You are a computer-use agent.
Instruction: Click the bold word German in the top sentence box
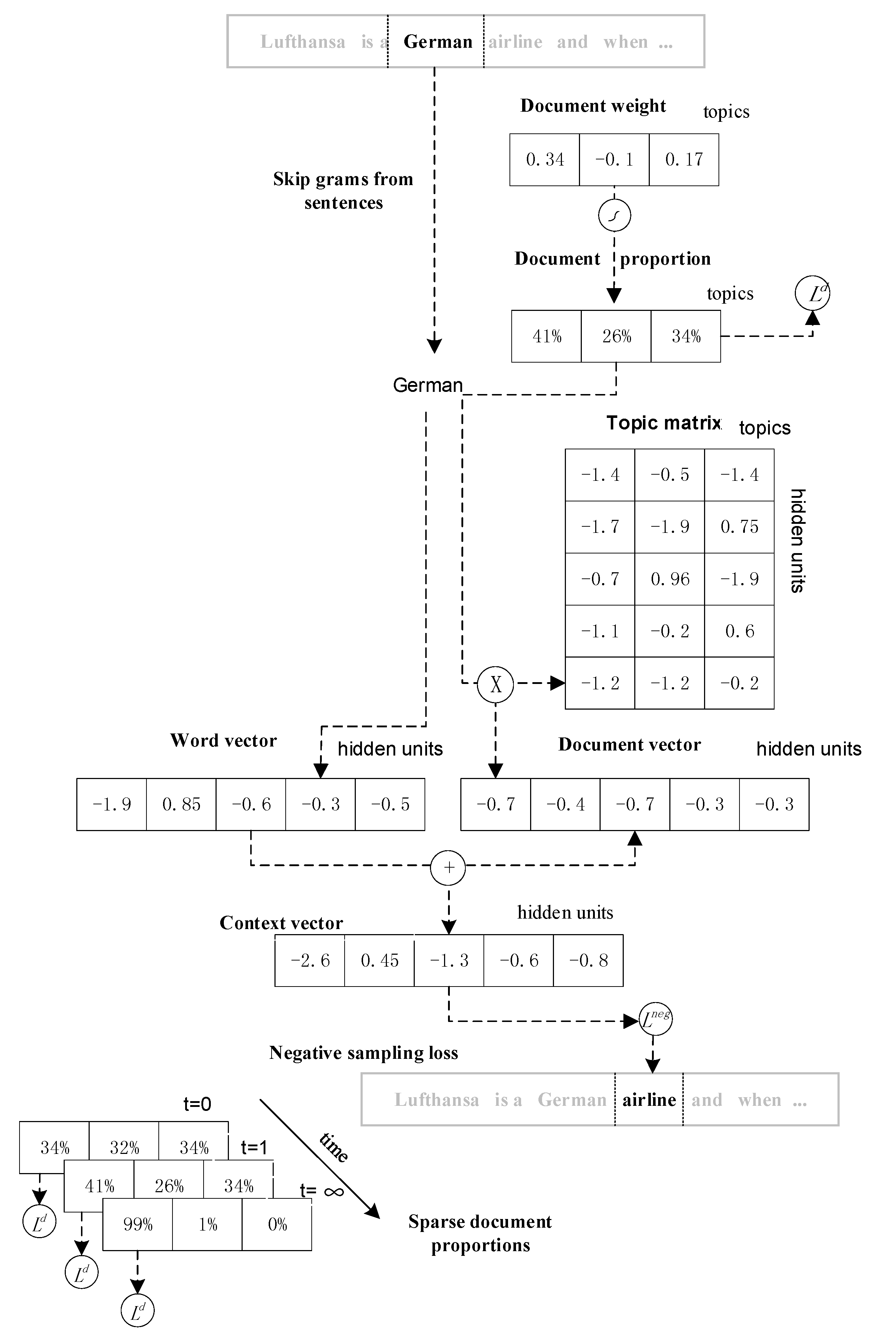pyautogui.click(x=438, y=42)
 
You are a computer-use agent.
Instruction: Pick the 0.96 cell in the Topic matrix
pyautogui.click(x=670, y=579)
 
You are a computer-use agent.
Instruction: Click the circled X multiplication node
pyautogui.click(x=495, y=684)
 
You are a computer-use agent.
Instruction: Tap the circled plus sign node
pyautogui.click(x=448, y=868)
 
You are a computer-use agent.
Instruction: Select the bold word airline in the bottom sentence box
pyautogui.click(x=649, y=1099)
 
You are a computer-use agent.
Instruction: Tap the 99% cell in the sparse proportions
pyautogui.click(x=138, y=1224)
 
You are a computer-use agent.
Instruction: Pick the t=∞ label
pyautogui.click(x=321, y=1190)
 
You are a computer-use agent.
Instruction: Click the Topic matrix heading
pyautogui.click(x=663, y=423)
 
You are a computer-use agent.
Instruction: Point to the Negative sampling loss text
pyautogui.click(x=363, y=1053)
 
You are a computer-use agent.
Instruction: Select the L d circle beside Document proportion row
pyautogui.click(x=812, y=293)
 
